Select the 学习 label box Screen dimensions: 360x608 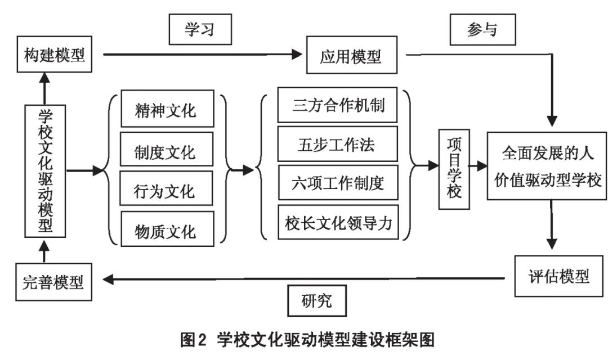(201, 29)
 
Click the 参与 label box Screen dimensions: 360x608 (482, 29)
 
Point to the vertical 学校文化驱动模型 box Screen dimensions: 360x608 (46, 170)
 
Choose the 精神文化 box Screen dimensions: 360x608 (166, 110)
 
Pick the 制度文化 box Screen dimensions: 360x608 (166, 151)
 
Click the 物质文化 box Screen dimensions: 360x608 (166, 230)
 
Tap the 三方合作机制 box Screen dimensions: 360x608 (338, 105)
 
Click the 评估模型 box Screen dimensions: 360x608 (559, 276)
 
